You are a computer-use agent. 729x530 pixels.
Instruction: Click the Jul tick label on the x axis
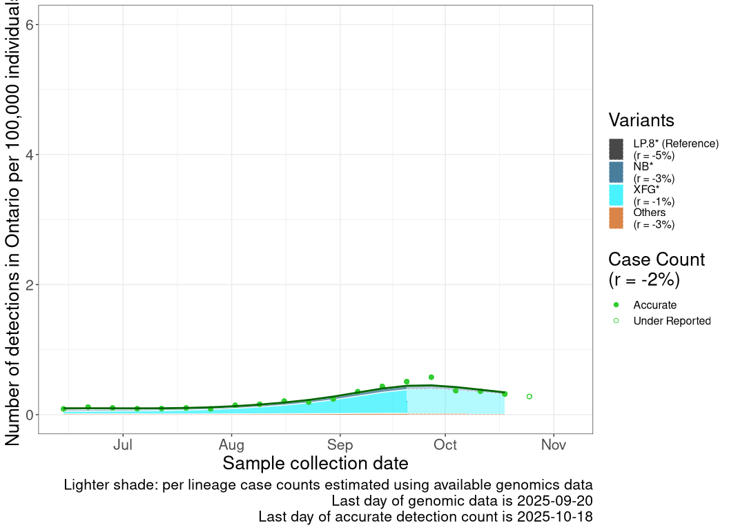[123, 445]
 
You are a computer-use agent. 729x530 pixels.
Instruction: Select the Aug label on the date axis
[232, 445]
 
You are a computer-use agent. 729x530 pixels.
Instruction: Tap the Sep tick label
[340, 445]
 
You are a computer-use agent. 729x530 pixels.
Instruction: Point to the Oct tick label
[445, 445]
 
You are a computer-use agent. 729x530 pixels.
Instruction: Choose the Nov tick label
[554, 445]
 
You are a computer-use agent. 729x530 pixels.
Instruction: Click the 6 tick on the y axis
[30, 25]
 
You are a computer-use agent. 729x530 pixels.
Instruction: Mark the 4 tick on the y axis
[30, 155]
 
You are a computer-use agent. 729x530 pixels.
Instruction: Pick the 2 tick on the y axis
[30, 284]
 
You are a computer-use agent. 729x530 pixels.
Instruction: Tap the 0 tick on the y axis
[30, 415]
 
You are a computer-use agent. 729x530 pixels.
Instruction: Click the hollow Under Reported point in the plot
[529, 397]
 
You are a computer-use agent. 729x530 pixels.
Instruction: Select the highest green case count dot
[431, 377]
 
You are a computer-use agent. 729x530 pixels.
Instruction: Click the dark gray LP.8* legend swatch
[616, 149]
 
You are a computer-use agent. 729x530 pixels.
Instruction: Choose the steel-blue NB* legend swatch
[616, 172]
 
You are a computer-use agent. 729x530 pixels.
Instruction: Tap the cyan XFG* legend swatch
[616, 195]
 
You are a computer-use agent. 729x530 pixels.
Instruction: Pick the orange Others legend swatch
[616, 217]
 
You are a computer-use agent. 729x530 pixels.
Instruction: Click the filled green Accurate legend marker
[616, 305]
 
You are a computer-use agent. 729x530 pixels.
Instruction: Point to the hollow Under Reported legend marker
[616, 321]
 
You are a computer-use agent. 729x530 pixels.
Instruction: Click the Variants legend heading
[641, 120]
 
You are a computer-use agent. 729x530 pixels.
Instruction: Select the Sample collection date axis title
[315, 463]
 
